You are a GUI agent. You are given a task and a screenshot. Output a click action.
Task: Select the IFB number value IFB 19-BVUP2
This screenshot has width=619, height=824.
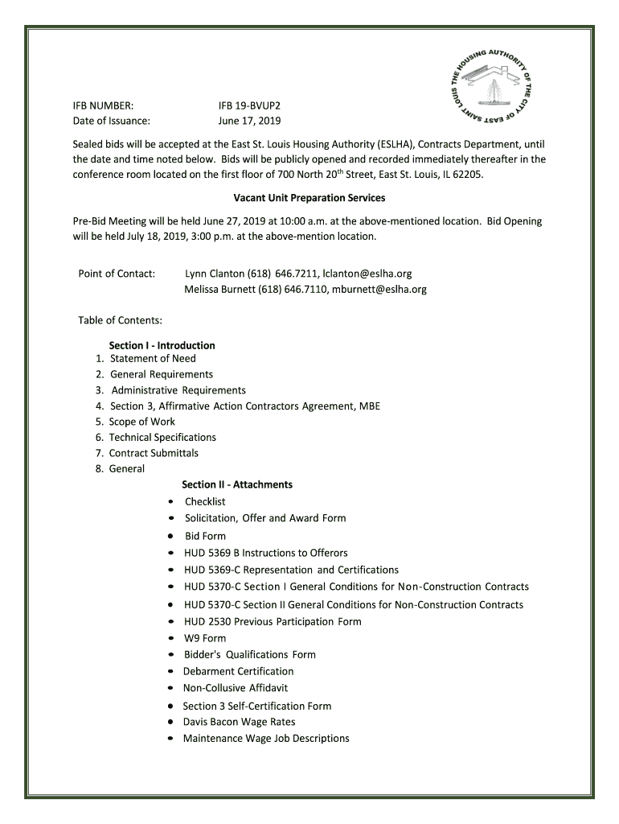click(250, 105)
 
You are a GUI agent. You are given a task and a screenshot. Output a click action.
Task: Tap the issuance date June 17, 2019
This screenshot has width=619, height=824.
click(249, 121)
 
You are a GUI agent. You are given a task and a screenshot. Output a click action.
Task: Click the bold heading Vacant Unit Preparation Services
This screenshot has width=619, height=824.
click(309, 197)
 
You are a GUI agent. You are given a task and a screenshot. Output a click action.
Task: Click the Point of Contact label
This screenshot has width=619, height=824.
click(117, 274)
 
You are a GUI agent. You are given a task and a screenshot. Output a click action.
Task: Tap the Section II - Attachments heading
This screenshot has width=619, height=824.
click(236, 484)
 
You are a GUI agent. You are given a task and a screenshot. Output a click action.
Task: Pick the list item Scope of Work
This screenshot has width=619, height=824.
click(141, 422)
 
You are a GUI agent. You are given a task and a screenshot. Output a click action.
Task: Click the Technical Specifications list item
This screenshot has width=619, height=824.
click(162, 437)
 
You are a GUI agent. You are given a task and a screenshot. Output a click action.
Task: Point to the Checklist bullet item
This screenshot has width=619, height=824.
click(205, 501)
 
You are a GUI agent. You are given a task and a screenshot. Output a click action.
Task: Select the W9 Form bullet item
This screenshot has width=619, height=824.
click(205, 638)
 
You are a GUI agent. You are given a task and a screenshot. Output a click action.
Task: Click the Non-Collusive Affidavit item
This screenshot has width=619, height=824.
click(235, 688)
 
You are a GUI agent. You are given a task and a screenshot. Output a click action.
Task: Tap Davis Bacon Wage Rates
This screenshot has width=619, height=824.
click(239, 722)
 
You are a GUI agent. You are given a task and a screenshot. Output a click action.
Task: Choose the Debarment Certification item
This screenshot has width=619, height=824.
click(238, 671)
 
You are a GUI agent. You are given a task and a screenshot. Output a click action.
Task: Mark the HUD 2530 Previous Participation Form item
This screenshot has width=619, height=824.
click(273, 621)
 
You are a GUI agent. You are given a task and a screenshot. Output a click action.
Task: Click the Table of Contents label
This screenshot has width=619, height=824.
click(121, 320)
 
